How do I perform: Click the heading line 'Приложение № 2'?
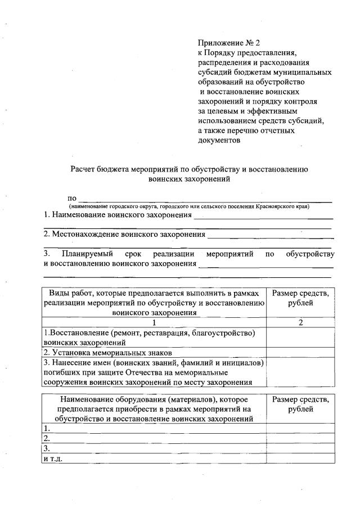click(229, 43)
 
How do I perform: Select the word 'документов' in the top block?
click(219, 141)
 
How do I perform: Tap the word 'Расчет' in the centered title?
click(83, 169)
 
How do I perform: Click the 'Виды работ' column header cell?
click(154, 303)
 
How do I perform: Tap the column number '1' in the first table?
click(154, 323)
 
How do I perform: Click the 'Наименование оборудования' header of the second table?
click(154, 409)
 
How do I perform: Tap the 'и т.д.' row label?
click(53, 458)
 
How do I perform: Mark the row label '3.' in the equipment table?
click(48, 448)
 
